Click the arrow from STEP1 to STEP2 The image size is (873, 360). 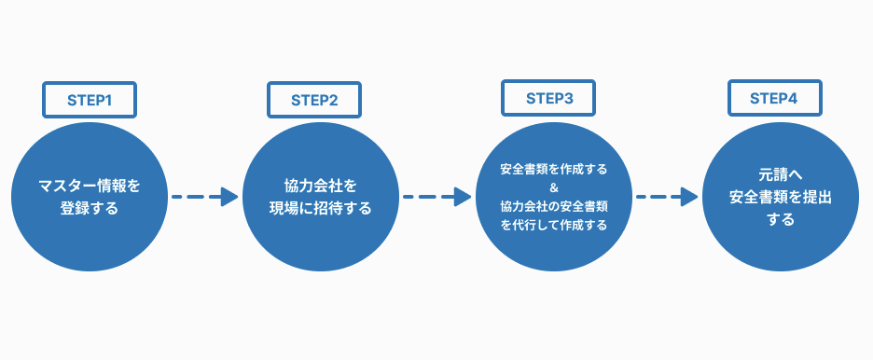pyautogui.click(x=206, y=197)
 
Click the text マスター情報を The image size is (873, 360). pyautogui.click(x=90, y=186)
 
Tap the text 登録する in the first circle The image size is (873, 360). pyautogui.click(x=90, y=207)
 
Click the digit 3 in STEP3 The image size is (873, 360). pyautogui.click(x=569, y=97)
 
